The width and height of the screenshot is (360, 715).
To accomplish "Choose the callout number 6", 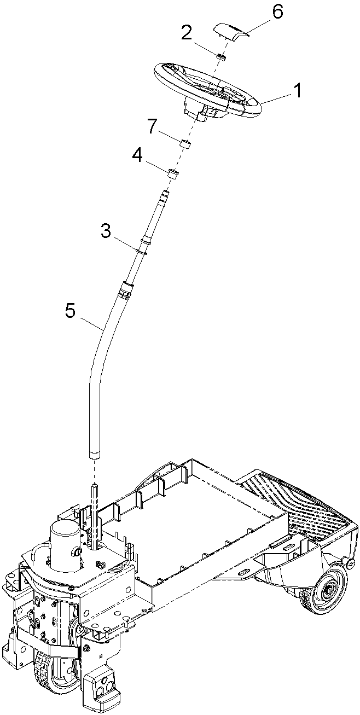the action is (x=276, y=12).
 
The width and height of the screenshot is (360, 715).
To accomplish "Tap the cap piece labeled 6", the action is (x=230, y=32).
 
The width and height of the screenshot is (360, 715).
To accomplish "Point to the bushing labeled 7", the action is (x=185, y=144).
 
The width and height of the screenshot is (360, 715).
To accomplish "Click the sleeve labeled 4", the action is (x=173, y=175).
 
